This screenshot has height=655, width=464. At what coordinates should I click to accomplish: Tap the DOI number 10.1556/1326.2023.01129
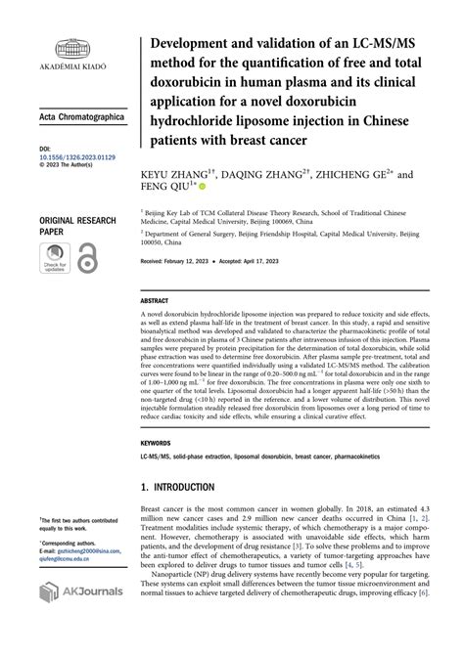77,156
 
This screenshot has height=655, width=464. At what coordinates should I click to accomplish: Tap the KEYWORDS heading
157,443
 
